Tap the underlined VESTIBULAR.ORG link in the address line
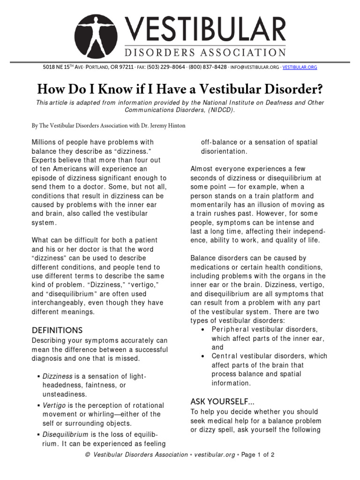(300, 67)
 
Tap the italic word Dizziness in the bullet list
(57, 376)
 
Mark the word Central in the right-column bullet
(226, 356)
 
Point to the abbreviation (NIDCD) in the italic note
(218, 110)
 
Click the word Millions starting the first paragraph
(45, 142)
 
